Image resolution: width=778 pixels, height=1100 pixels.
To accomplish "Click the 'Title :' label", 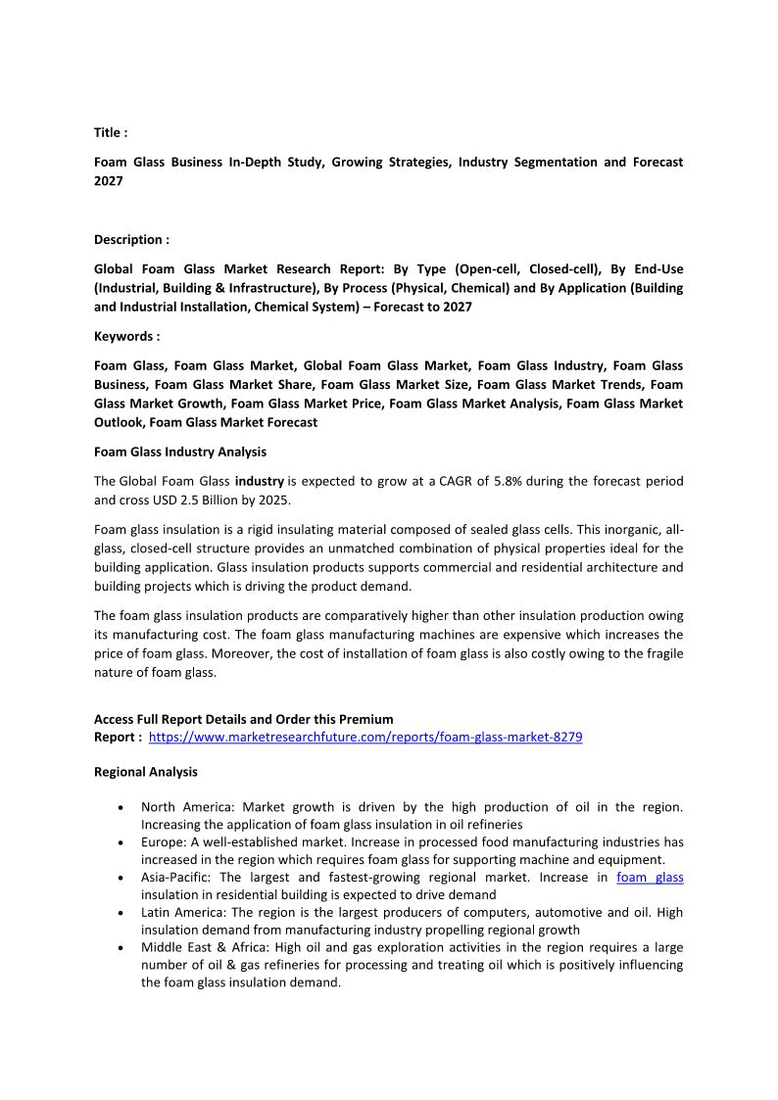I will pyautogui.click(x=111, y=132).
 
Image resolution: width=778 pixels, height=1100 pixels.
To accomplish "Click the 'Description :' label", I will pyautogui.click(x=131, y=239).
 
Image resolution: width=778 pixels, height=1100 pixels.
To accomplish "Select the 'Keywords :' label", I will pyautogui.click(x=126, y=336).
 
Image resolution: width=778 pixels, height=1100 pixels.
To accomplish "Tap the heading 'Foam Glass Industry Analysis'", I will pyautogui.click(x=180, y=452).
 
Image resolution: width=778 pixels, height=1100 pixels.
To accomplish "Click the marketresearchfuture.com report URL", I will pyautogui.click(x=365, y=737).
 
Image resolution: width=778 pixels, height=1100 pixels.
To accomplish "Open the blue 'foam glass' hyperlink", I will pyautogui.click(x=650, y=877).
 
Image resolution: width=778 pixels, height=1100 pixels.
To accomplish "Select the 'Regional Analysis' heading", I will pyautogui.click(x=145, y=772).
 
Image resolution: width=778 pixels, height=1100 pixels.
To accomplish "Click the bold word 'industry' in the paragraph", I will pyautogui.click(x=260, y=481).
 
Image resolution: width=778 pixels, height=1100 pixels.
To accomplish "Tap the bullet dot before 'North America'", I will pyautogui.click(x=120, y=808).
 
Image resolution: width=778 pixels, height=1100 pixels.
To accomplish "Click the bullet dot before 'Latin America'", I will pyautogui.click(x=120, y=913).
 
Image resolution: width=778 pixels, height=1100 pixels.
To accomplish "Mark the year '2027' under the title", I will pyautogui.click(x=109, y=181).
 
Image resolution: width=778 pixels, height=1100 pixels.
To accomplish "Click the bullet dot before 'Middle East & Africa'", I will pyautogui.click(x=120, y=948).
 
